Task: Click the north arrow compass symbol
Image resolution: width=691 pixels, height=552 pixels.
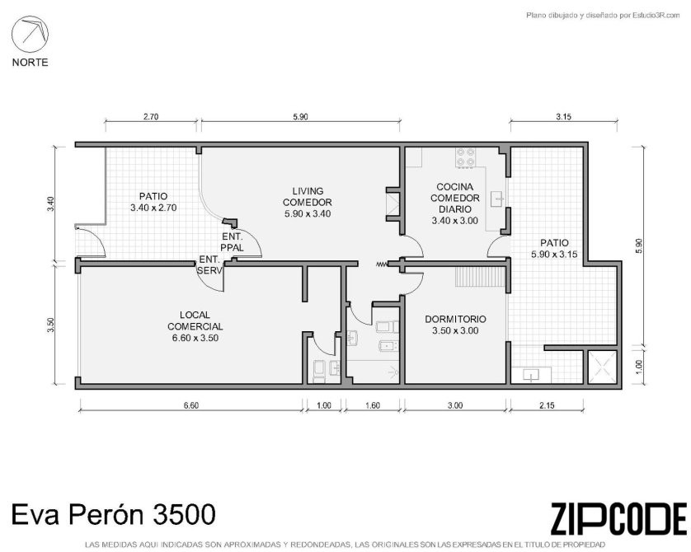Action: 30,35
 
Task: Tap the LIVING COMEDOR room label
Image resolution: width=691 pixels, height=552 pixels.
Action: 308,203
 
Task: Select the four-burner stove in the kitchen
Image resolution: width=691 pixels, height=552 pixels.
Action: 466,157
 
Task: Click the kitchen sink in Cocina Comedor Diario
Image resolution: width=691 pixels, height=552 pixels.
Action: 499,199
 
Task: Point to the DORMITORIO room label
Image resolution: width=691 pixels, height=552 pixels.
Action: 455,325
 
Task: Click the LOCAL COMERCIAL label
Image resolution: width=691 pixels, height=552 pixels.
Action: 195,326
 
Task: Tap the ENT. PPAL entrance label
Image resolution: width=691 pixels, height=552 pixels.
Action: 232,242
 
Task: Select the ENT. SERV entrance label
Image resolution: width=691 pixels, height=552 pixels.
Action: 209,265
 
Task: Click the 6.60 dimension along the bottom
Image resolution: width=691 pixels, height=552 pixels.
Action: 190,405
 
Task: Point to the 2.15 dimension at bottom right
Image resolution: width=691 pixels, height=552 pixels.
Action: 547,405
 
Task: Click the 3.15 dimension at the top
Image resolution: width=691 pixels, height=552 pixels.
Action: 563,117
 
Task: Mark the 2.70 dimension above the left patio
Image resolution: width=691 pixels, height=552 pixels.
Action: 151,117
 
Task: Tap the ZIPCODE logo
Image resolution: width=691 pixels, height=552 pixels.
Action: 618,518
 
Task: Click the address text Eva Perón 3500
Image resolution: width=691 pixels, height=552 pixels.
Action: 113,514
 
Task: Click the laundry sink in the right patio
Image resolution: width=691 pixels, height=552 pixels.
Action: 531,376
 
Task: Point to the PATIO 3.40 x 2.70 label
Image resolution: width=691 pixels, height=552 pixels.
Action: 153,202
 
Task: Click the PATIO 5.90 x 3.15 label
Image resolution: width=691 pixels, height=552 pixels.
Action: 554,248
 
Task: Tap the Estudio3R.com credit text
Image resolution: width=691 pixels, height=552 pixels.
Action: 603,16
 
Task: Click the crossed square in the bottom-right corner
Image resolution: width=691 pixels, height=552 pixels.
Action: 602,367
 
